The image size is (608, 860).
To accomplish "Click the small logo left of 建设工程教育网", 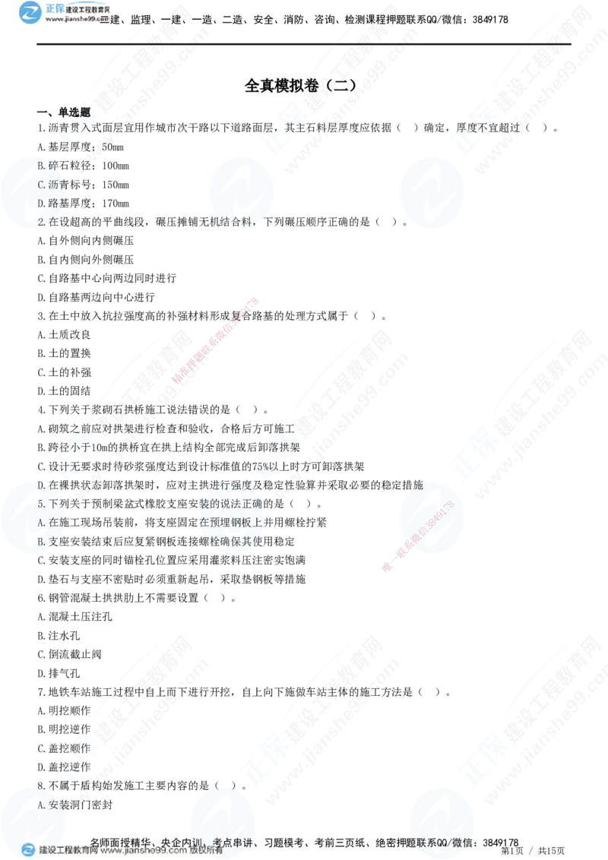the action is pyautogui.click(x=28, y=850).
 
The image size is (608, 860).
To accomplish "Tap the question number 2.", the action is pyautogui.click(x=42, y=222).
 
